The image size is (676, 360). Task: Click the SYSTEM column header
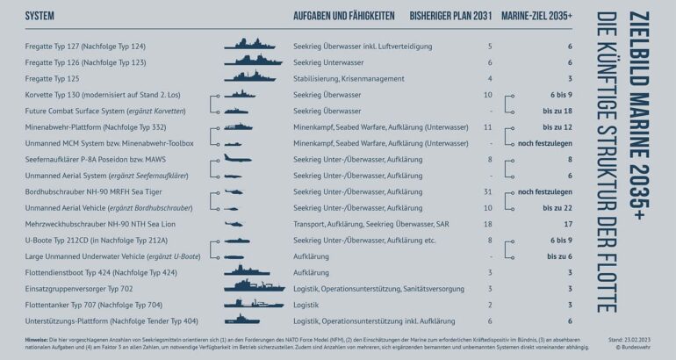pyautogui.click(x=41, y=17)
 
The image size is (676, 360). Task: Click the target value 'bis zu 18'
pyautogui.click(x=552, y=111)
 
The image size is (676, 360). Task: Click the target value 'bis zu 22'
pyautogui.click(x=552, y=208)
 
